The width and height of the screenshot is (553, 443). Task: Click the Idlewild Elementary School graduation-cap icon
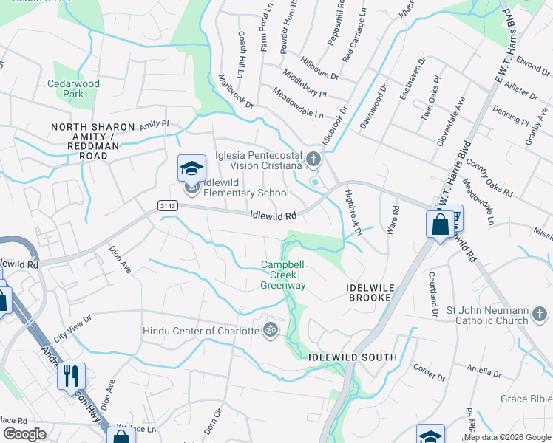(191, 169)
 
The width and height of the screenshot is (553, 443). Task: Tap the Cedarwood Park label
(73, 89)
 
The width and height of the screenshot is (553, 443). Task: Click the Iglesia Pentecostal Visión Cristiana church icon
(314, 159)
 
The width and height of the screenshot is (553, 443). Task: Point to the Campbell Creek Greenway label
(283, 275)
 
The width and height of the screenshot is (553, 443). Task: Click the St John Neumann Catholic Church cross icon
(540, 316)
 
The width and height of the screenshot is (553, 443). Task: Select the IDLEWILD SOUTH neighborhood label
(353, 357)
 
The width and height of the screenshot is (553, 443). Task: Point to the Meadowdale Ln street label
(298, 104)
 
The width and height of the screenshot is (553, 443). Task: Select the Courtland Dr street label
(433, 295)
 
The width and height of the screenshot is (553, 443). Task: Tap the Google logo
(25, 434)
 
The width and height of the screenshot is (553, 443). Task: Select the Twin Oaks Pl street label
(430, 108)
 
